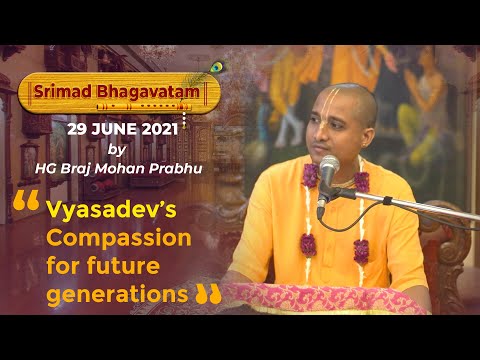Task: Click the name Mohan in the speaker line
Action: [141, 167]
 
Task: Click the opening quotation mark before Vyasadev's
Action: [26, 208]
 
